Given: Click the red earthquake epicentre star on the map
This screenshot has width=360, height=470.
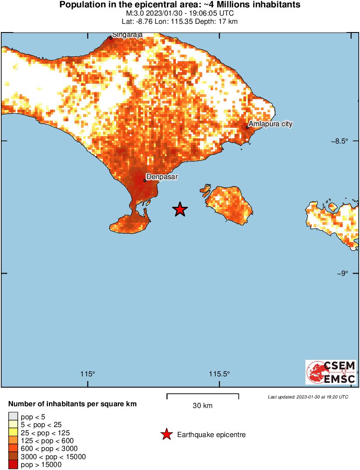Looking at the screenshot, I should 180,209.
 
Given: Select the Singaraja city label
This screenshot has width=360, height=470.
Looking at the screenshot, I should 127,35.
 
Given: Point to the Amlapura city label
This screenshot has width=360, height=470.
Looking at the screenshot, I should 270,124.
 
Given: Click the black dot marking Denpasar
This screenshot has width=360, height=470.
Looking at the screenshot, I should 145,181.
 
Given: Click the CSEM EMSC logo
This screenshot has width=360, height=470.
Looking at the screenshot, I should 331,372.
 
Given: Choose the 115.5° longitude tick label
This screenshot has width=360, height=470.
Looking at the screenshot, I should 220,374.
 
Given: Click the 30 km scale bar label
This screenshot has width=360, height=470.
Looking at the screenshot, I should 202,406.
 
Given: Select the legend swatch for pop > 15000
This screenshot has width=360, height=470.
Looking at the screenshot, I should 13,464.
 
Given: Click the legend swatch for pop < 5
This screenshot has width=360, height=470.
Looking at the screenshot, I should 13,417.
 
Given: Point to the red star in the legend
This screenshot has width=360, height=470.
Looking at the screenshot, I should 166,434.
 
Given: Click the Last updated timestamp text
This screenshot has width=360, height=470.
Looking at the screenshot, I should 308,397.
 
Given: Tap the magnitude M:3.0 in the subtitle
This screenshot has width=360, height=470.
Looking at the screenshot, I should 134,13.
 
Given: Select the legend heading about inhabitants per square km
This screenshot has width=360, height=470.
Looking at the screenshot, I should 72,404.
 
